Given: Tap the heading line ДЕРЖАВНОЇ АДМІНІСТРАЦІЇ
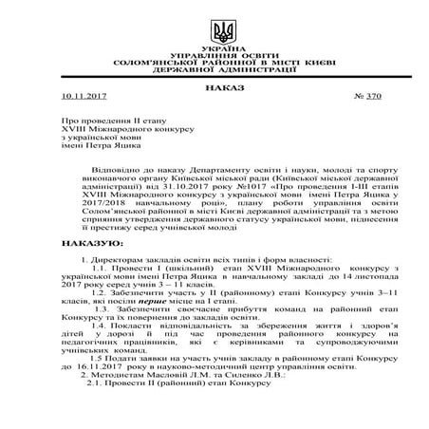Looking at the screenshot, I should tap(214, 71).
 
